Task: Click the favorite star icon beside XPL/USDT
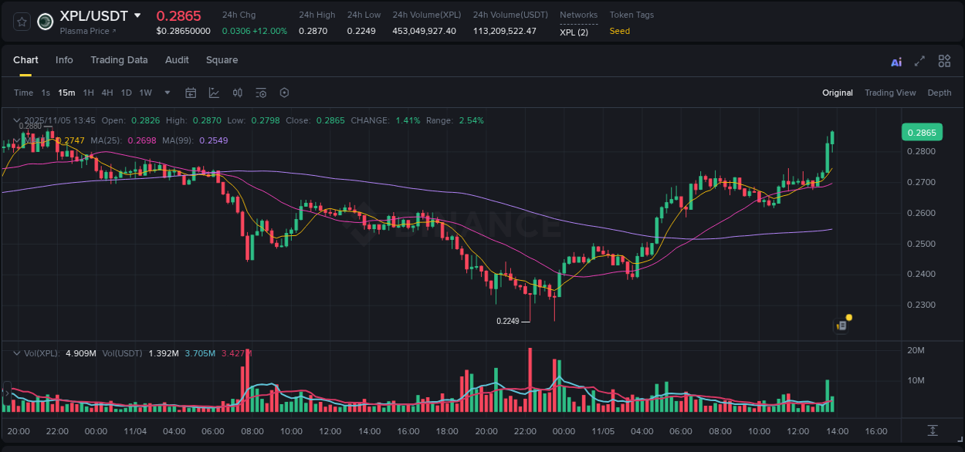22,22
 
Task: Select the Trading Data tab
119,60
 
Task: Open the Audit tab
177,60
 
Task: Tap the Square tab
222,60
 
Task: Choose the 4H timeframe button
107,93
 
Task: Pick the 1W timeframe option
145,93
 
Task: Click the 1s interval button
46,93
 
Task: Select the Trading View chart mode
889,93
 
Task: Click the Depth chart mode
939,93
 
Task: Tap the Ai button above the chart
896,62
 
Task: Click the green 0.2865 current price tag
921,132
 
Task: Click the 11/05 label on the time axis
602,431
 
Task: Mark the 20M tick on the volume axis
916,351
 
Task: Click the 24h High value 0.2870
312,31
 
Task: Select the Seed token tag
619,31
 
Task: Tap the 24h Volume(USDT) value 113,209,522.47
504,31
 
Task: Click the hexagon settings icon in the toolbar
284,93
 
